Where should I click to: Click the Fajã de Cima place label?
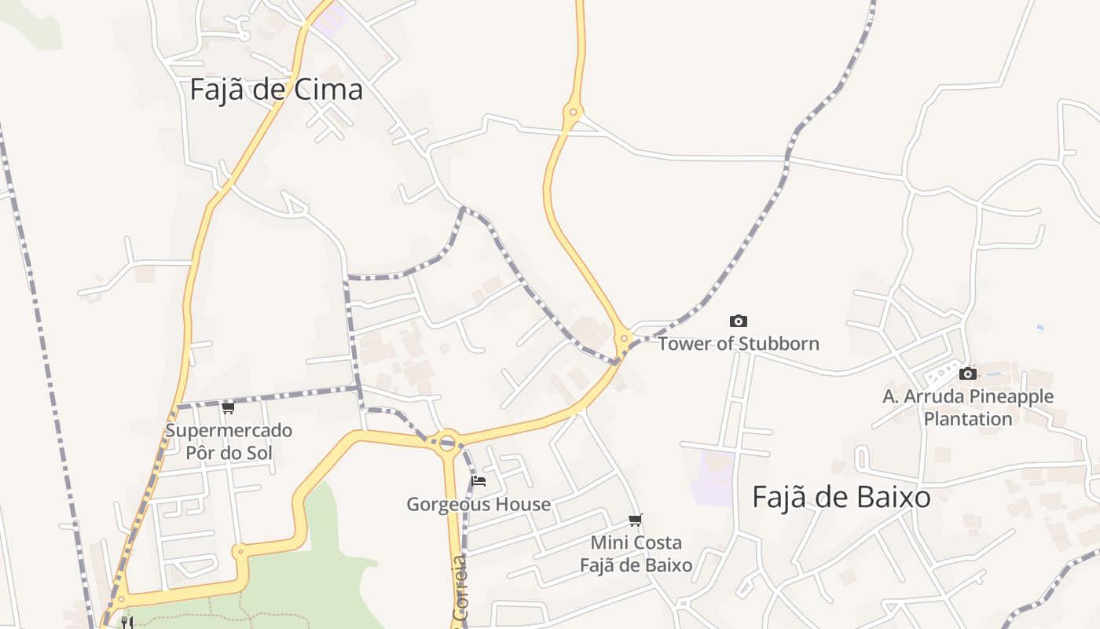[276, 90]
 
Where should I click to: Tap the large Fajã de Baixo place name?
[841, 497]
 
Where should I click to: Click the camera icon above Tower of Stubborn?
[738, 321]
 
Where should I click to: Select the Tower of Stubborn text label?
[738, 344]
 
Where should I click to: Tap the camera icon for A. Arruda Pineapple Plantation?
[968, 373]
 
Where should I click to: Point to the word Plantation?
[967, 418]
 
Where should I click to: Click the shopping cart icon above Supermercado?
[228, 407]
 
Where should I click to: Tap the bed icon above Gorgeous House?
[478, 480]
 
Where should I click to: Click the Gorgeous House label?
[478, 504]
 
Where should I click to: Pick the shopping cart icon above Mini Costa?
[635, 520]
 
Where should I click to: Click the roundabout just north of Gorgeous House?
[448, 441]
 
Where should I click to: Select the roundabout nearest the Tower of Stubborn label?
[623, 340]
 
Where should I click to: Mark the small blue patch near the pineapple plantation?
[1040, 327]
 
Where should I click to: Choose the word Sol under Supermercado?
[257, 453]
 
